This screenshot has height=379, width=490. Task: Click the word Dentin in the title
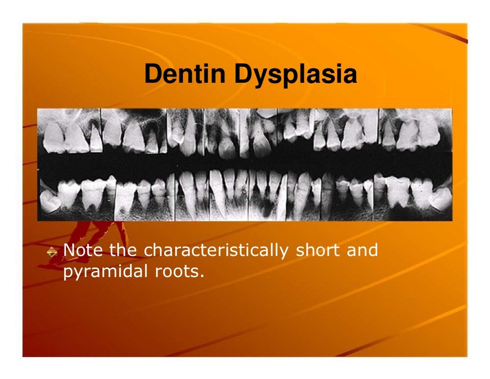point(185,75)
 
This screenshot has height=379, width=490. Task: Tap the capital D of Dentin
point(153,75)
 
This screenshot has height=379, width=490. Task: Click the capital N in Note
point(69,250)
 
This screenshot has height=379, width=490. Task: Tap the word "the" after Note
point(123,250)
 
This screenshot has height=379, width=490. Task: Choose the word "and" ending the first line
point(361,250)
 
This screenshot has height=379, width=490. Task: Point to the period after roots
point(202,277)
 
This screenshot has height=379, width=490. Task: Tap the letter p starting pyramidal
point(67,274)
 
